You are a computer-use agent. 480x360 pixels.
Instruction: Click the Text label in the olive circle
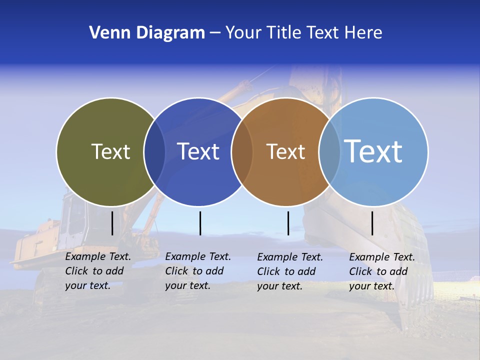(x=110, y=151)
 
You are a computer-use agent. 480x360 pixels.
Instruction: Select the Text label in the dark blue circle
(x=198, y=151)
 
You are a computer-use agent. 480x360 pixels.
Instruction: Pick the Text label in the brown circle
(x=285, y=151)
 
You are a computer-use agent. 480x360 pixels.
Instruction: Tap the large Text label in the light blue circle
(x=373, y=151)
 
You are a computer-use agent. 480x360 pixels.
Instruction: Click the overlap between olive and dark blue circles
(x=154, y=152)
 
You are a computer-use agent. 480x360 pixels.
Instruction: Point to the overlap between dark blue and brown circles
(x=242, y=152)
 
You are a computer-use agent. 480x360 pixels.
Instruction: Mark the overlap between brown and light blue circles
(x=329, y=152)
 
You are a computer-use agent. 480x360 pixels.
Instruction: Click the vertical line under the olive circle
(x=112, y=223)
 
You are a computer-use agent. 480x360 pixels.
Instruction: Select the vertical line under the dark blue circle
(x=200, y=223)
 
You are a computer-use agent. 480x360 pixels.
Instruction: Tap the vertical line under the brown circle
(x=288, y=223)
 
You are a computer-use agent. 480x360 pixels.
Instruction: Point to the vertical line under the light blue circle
(x=372, y=223)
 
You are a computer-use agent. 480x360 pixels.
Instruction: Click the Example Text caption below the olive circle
(x=98, y=271)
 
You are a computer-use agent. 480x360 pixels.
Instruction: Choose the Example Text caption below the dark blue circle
(x=198, y=271)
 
